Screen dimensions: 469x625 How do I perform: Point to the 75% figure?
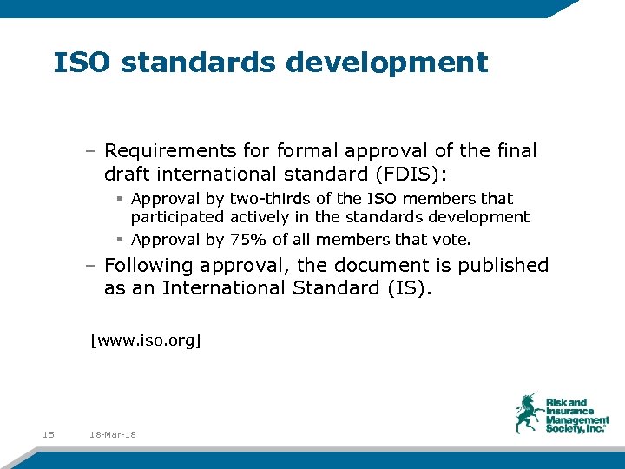pos(248,240)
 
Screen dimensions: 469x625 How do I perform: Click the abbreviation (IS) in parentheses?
pos(410,287)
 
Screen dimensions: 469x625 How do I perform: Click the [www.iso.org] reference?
pos(146,340)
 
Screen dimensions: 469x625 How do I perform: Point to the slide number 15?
pos(48,434)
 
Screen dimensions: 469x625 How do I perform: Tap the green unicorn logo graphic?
pos(528,412)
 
